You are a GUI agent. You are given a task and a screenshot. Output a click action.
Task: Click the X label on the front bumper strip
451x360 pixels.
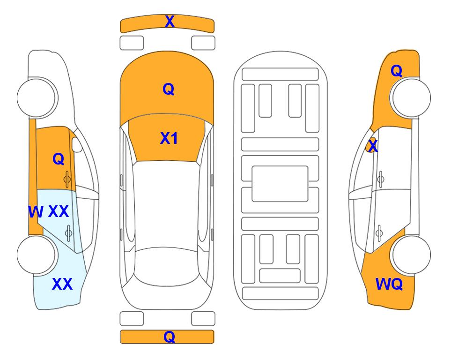[x=170, y=22]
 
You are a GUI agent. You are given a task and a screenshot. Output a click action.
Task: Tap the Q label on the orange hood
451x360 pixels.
[x=168, y=89]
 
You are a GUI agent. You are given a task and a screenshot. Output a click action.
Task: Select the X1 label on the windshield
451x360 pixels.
[x=169, y=138]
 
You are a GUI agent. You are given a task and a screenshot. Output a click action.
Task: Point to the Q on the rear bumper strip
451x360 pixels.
[x=169, y=337]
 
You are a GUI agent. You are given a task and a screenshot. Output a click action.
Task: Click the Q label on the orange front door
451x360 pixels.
[x=59, y=159]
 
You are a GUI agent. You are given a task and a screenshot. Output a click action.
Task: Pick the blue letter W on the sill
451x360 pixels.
[x=36, y=212]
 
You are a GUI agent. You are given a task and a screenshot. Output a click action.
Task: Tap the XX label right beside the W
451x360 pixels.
[x=59, y=212]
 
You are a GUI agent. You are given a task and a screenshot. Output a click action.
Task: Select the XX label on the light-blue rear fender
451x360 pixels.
[x=62, y=284]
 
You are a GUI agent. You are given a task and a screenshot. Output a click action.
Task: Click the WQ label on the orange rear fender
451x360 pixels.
[x=389, y=284]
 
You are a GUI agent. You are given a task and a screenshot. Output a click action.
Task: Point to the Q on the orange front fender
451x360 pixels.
[x=396, y=71]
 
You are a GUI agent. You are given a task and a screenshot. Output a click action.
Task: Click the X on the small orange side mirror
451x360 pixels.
[x=373, y=146]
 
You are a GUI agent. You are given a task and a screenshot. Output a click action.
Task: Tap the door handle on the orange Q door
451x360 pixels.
[x=67, y=180]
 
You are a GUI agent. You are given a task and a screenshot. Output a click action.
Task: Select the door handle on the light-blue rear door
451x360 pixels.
[x=68, y=233]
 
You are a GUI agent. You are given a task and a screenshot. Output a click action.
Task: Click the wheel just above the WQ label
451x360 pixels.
[x=411, y=255]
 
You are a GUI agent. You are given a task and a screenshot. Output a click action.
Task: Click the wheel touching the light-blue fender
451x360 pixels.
[x=37, y=255]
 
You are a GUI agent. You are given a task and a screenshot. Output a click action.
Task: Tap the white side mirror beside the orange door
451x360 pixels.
[x=77, y=144]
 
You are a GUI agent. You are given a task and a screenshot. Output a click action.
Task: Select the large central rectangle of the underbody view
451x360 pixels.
[x=280, y=184]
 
